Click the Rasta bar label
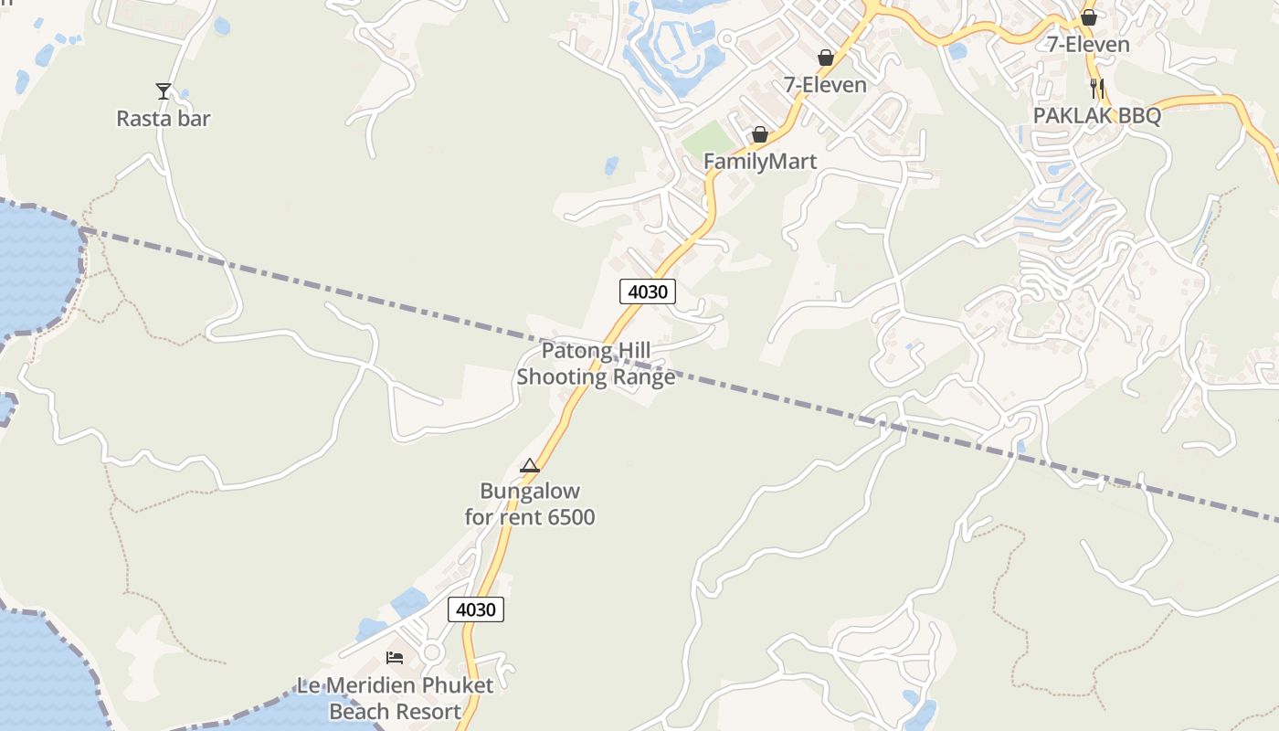(163, 119)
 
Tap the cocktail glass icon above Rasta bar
(164, 90)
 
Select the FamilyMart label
(759, 162)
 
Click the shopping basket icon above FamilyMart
(759, 135)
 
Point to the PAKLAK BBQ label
(1096, 116)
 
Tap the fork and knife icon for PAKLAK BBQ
(1097, 89)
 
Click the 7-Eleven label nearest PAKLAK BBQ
(1088, 44)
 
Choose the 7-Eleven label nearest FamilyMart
(825, 85)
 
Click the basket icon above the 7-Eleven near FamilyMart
(826, 58)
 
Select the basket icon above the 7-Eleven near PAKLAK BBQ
(1088, 17)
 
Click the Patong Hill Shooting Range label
(597, 364)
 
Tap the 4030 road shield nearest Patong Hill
(649, 292)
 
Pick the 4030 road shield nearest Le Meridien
(476, 609)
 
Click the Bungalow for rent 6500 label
(530, 504)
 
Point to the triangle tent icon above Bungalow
(530, 466)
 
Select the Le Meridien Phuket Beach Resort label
(395, 698)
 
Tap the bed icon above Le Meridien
(395, 657)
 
